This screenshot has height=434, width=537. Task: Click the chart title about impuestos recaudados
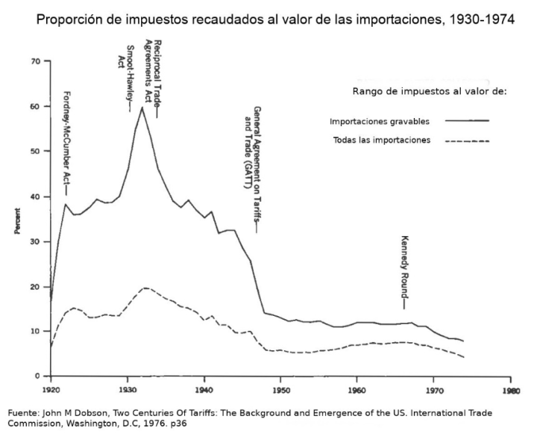[x=275, y=19]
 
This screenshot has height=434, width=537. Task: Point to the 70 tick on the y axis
[x=35, y=61]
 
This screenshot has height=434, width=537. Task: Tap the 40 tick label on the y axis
[x=35, y=196]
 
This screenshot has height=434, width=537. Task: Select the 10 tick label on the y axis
[x=35, y=331]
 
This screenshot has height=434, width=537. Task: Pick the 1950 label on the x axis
[x=280, y=389]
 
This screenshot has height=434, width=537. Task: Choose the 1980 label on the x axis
[x=511, y=389]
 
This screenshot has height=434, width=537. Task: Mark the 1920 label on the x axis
[x=50, y=389]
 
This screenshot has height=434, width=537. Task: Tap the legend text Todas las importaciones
[x=382, y=140]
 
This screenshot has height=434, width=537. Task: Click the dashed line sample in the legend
[x=467, y=140]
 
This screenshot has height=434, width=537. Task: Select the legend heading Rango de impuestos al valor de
[x=429, y=91]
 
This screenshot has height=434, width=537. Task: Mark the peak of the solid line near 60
[x=142, y=108]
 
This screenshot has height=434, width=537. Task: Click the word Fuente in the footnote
[x=22, y=412]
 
